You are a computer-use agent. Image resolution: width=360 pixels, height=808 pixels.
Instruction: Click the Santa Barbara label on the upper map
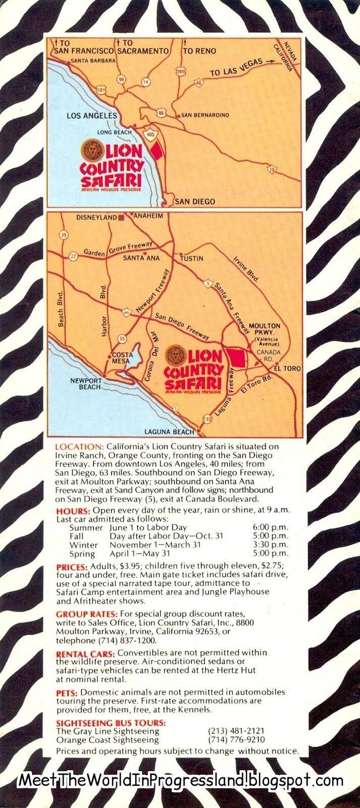click(93, 61)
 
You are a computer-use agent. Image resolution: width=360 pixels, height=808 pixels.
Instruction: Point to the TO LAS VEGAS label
click(236, 67)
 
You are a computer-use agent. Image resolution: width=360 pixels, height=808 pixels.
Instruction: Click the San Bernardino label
click(205, 115)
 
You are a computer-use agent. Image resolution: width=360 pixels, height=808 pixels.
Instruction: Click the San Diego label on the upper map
click(195, 201)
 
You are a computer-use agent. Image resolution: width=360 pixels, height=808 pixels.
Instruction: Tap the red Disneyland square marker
click(121, 218)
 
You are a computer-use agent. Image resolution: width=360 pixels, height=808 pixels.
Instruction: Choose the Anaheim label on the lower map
click(148, 216)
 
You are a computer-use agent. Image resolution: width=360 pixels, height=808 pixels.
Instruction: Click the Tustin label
click(192, 258)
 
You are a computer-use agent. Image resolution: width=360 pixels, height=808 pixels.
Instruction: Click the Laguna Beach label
click(169, 432)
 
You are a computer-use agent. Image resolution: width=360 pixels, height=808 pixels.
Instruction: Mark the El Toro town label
click(288, 369)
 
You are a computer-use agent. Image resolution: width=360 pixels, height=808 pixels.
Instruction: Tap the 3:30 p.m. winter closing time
click(271, 545)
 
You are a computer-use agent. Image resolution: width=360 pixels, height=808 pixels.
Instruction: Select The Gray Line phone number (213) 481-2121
click(236, 731)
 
